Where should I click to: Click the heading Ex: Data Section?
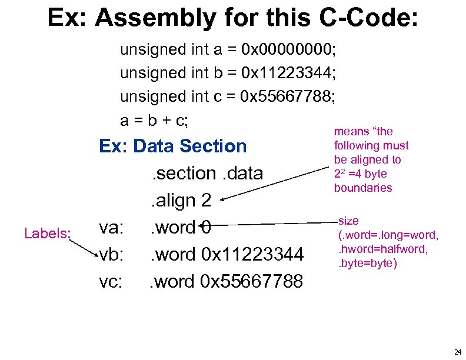click(173, 146)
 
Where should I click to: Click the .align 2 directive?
click(179, 201)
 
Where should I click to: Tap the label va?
click(111, 227)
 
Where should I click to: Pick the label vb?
click(111, 254)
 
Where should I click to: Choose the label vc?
click(111, 281)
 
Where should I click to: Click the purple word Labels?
click(47, 234)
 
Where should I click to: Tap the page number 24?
click(458, 352)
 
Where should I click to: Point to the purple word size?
click(349, 221)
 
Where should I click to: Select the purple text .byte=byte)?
click(367, 263)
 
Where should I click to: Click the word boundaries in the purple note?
click(362, 188)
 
